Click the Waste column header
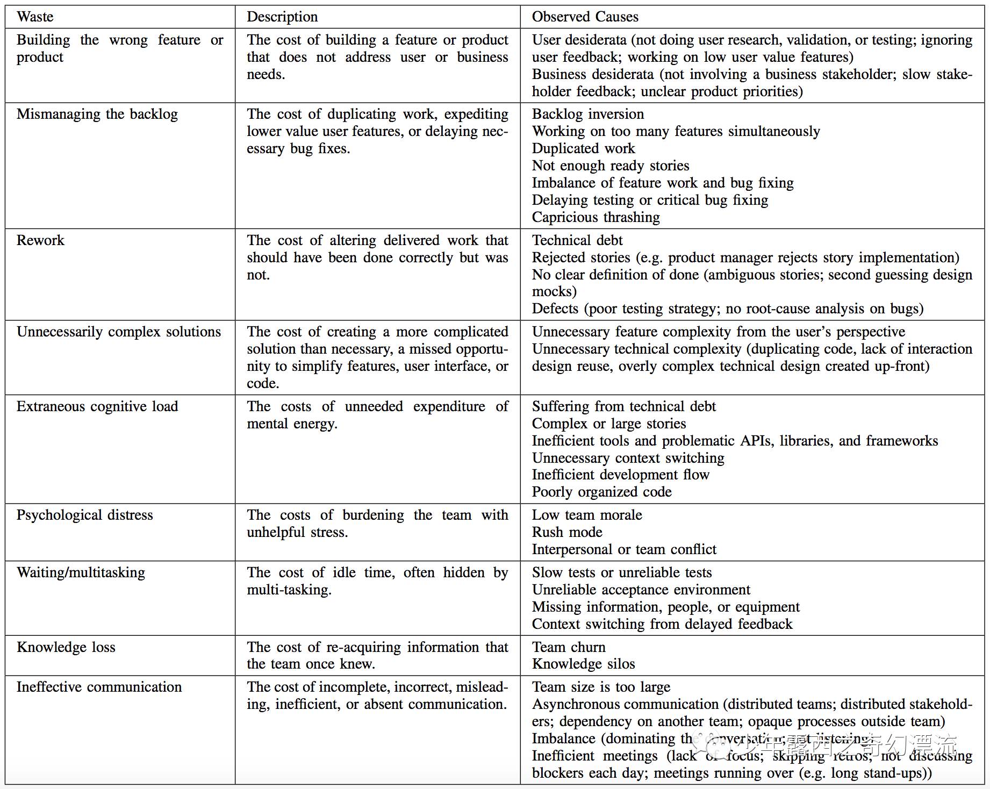[35, 17]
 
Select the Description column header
[282, 17]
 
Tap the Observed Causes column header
[585, 17]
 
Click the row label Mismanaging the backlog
[97, 114]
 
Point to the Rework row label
[40, 240]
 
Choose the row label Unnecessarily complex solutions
[118, 332]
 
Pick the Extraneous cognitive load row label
[97, 406]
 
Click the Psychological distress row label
[84, 515]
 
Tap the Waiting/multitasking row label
[81, 572]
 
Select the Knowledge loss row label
[66, 647]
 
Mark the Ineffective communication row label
[99, 687]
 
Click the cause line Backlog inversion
[587, 114]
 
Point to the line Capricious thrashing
[596, 217]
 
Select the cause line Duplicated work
[583, 148]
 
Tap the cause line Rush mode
[567, 532]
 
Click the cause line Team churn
[568, 647]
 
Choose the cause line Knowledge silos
[583, 664]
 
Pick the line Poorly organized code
[601, 492]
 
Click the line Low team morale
[586, 515]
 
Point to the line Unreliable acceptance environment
[641, 590]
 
